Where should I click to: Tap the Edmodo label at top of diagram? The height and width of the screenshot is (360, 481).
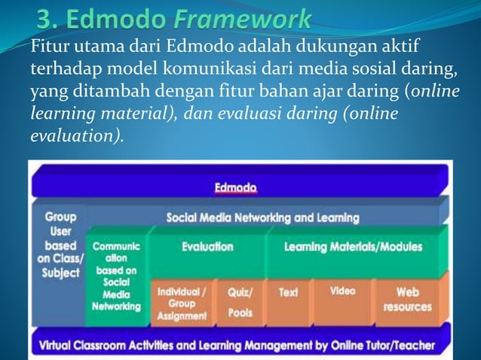coord(235,187)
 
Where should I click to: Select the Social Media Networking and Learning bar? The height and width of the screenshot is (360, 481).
coord(262,218)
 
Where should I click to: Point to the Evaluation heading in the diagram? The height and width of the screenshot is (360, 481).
coord(207,246)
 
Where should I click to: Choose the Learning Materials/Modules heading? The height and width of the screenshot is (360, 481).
coord(353,246)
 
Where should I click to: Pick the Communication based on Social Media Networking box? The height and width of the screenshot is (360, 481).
coord(115,276)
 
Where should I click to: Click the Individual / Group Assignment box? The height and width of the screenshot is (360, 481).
coord(181,304)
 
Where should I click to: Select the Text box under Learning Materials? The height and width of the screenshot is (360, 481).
coord(288,292)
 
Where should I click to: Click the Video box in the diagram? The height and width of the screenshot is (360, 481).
coord(342,291)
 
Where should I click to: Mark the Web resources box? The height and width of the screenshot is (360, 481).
coord(407,299)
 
